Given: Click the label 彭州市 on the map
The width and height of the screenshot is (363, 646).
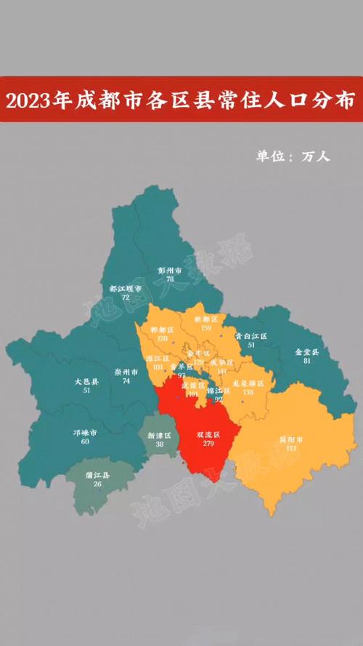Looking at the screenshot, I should (x=168, y=270).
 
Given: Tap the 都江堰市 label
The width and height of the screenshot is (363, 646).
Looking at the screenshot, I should (x=126, y=289).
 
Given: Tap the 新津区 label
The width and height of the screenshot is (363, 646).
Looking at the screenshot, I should (x=158, y=435).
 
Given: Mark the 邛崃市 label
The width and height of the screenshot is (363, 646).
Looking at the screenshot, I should (x=85, y=432).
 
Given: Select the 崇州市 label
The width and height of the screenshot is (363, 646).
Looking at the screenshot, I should (x=126, y=371).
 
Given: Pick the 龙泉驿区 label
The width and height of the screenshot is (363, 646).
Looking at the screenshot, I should (x=248, y=383).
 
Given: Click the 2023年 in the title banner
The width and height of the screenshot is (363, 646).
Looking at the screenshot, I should (x=36, y=101).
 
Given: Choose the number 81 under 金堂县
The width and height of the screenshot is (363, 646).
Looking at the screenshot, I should (x=307, y=360).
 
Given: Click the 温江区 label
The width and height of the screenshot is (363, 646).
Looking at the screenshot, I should (x=158, y=359).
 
